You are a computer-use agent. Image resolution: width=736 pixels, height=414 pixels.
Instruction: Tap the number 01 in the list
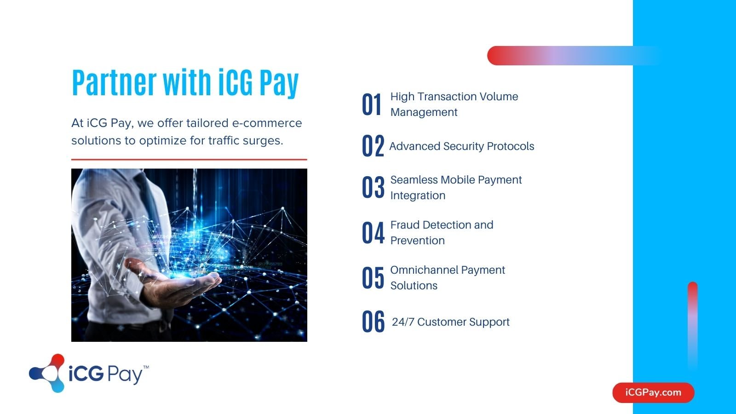coord(372,104)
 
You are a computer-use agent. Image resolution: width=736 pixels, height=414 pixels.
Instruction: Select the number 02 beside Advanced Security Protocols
coord(373,145)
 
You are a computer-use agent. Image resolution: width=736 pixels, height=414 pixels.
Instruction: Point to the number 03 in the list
coord(373,187)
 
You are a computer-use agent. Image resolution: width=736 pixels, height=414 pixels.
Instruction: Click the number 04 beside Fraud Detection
coord(373,232)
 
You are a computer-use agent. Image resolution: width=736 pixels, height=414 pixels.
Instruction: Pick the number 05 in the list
coord(373,278)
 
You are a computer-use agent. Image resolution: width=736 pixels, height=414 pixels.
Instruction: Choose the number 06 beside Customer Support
coord(373,322)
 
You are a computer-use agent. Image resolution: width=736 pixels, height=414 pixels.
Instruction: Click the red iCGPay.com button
coord(653,392)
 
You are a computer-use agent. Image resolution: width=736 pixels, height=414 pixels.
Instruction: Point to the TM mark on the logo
coord(146,367)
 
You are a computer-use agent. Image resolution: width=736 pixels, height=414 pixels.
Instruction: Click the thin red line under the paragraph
coord(189,160)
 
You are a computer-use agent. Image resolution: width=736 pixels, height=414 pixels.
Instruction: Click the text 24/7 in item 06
coord(403,322)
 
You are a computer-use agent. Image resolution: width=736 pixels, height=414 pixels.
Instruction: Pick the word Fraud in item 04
coord(404,225)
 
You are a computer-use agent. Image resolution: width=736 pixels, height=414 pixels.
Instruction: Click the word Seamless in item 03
coord(414,180)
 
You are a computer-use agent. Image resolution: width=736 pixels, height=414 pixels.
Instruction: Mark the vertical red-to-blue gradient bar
coord(693,327)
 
